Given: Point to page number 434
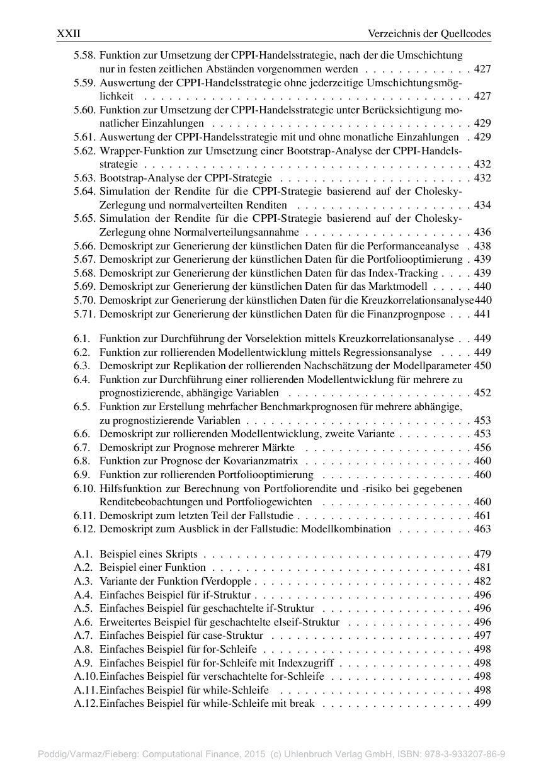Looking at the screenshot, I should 482,205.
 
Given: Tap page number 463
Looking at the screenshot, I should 482,529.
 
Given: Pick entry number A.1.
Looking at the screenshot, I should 82,554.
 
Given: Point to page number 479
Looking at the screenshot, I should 482,554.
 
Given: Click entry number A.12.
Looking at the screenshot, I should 85,703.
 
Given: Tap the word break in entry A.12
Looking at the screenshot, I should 302,703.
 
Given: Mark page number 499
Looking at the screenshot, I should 482,703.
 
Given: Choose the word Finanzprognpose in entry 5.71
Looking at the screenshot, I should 411,314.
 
